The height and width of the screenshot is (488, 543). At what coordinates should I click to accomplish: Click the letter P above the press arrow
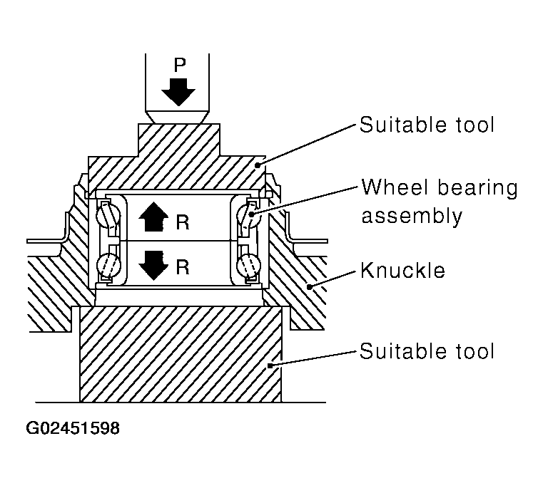[x=180, y=65]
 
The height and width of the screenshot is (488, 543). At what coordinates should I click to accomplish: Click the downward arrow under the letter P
[x=178, y=91]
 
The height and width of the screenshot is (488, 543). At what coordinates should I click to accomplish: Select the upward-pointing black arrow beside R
[x=151, y=217]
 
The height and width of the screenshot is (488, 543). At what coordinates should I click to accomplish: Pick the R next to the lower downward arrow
[x=182, y=268]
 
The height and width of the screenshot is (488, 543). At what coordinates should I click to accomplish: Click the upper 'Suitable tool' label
[x=426, y=125]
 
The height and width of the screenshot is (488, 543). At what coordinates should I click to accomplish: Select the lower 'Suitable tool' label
[x=426, y=351]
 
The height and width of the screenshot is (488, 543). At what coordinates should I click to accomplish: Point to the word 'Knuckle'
[x=402, y=271]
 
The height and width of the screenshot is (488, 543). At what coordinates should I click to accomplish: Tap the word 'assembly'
[x=412, y=216]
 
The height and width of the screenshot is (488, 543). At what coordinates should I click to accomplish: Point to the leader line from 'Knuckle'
[x=333, y=278]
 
